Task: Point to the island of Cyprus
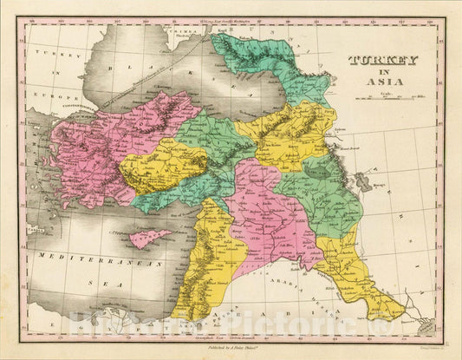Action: pyautogui.click(x=150, y=237)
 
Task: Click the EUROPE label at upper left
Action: pyautogui.click(x=40, y=90)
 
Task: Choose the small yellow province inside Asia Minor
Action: pyautogui.click(x=165, y=165)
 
